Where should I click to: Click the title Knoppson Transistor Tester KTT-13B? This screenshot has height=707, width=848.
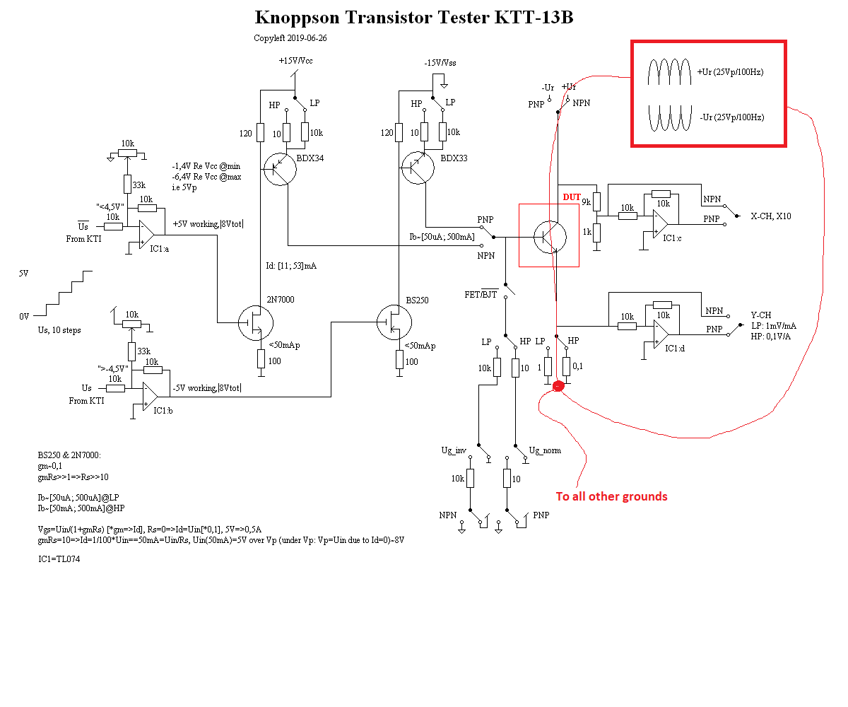click(413, 18)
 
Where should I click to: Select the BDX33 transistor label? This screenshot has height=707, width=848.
click(454, 158)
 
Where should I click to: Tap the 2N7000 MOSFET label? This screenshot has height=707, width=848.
click(281, 300)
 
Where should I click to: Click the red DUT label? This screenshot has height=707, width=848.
click(571, 197)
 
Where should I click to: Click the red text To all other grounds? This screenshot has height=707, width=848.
click(611, 496)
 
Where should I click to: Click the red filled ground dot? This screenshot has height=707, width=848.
click(558, 386)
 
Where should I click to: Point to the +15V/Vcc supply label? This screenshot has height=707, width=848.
click(296, 61)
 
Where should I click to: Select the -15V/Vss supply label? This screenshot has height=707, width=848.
click(440, 63)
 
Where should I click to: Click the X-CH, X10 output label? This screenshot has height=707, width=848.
click(771, 216)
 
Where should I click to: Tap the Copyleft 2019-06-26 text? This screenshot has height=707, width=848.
click(290, 38)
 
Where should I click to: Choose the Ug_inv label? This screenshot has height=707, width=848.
click(454, 450)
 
